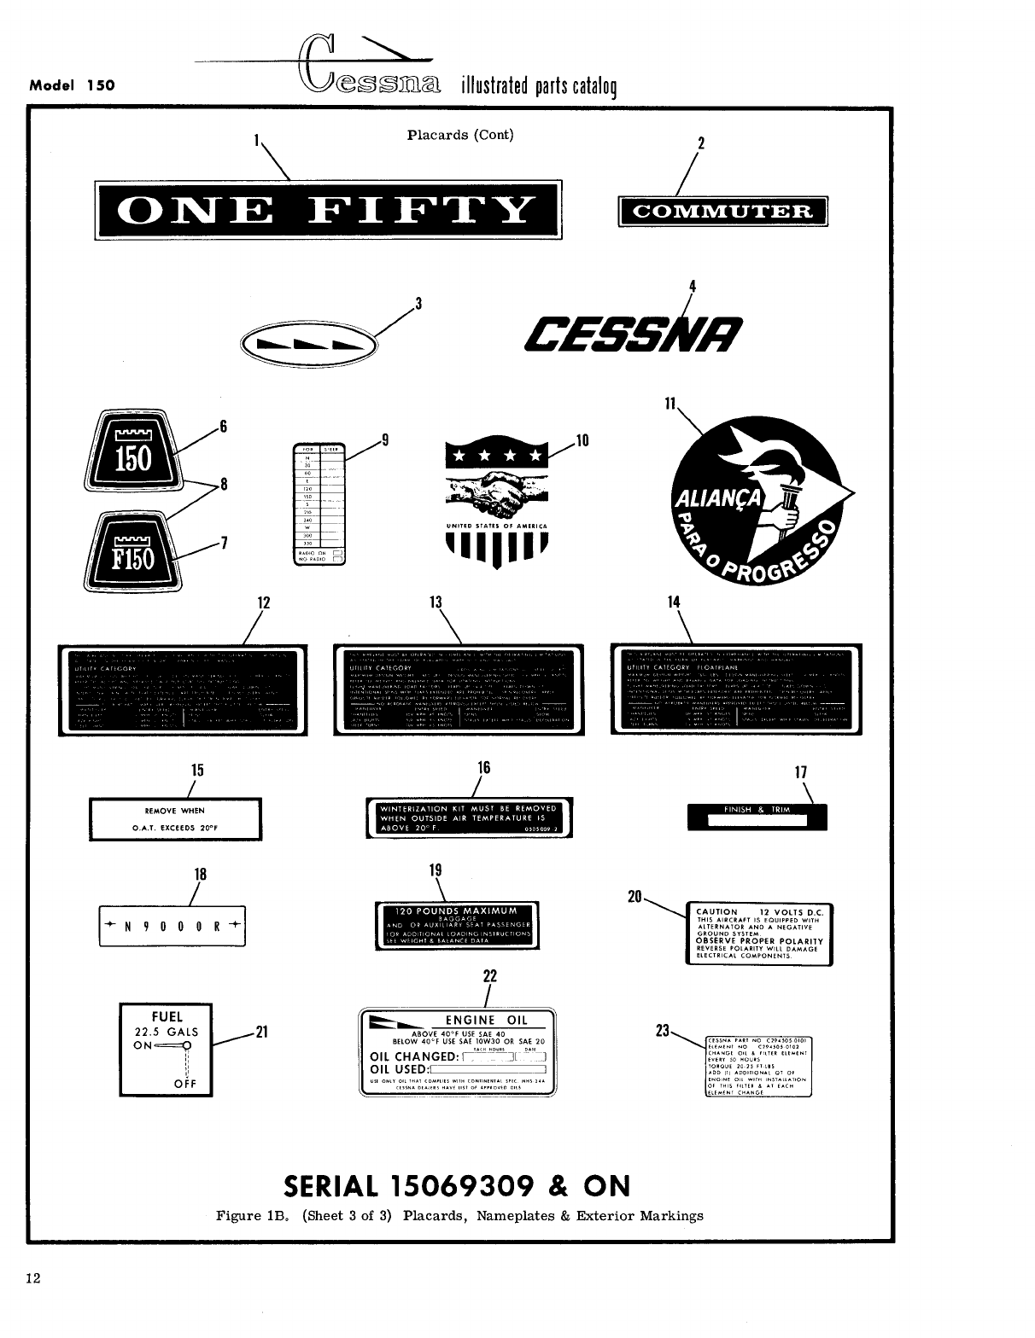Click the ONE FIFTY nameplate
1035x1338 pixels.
(327, 210)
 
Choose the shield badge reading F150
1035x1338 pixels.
(133, 555)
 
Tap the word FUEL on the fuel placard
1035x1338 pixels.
(167, 1016)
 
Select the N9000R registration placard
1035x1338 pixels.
(172, 926)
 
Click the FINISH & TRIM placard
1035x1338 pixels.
(757, 816)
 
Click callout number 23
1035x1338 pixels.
(660, 1030)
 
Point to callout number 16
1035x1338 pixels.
(483, 767)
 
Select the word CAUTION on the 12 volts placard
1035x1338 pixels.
(717, 912)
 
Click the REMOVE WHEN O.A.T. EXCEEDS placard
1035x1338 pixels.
(175, 819)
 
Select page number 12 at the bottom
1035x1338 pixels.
(33, 1277)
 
